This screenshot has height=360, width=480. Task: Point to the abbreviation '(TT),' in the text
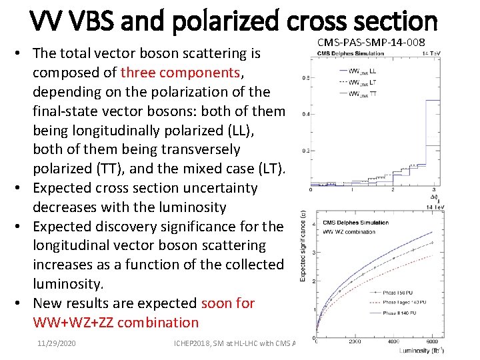[102, 168]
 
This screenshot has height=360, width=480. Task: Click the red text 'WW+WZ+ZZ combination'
[115, 323]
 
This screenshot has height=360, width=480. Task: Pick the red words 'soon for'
[227, 303]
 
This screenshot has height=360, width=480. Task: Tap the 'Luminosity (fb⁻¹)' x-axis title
[421, 350]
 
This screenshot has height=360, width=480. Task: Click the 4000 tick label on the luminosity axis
[393, 341]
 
